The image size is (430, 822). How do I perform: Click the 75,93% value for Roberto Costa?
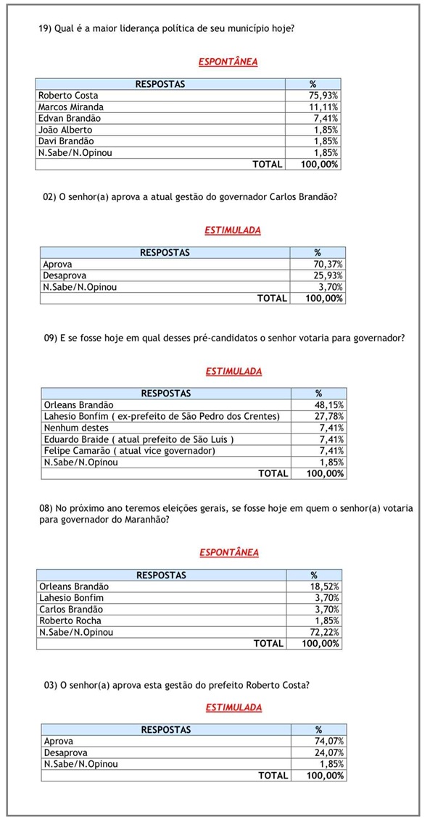click(323, 96)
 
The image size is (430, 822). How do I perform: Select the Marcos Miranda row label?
click(71, 107)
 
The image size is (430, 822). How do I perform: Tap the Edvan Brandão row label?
click(70, 118)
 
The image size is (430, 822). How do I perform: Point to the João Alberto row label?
click(65, 130)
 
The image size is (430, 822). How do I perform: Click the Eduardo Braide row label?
click(138, 439)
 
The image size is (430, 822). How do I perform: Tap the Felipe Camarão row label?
click(130, 451)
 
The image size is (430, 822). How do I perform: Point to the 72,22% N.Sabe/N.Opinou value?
click(324, 632)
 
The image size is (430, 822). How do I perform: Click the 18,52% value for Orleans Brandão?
click(324, 586)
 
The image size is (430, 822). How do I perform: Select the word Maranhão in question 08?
click(146, 520)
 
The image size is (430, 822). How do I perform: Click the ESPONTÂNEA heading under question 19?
click(228, 62)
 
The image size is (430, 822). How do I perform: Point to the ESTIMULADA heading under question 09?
click(233, 371)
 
